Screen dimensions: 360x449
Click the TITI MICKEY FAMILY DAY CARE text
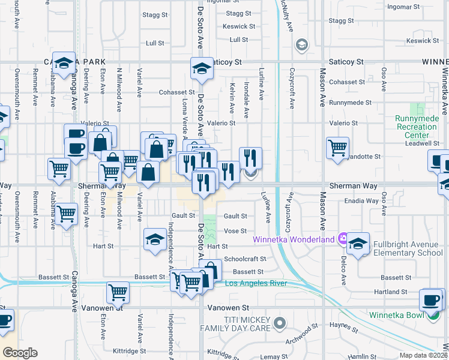click(249, 325)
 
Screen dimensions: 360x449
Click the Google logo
click(20, 353)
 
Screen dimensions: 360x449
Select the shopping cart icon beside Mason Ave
click(338, 148)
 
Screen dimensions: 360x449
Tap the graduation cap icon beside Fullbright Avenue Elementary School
click(358, 244)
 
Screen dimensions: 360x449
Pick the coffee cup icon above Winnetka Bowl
click(430, 300)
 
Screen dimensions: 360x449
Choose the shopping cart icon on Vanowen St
click(118, 293)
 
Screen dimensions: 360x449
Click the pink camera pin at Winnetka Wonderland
click(342, 238)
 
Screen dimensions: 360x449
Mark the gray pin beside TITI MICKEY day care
click(279, 324)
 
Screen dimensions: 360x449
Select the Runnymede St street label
click(347, 103)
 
